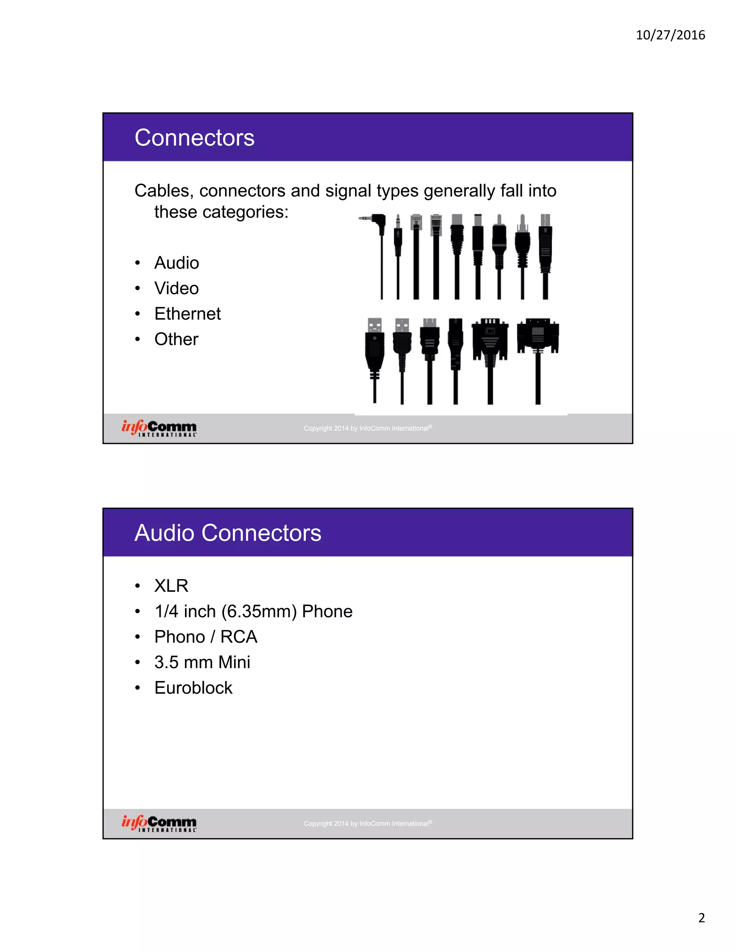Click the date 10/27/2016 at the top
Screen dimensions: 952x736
(x=670, y=35)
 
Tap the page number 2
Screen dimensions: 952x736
(x=701, y=918)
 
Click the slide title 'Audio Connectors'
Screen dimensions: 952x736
(x=227, y=533)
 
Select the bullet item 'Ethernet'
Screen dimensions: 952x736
(x=188, y=314)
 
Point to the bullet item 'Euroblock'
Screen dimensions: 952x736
(x=193, y=688)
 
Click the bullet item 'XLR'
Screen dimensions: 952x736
(x=171, y=586)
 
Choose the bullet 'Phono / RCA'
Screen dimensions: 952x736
(x=206, y=637)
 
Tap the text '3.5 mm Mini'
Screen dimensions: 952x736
(x=202, y=662)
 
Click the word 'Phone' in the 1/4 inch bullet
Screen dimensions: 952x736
(x=327, y=611)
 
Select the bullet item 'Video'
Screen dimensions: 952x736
(x=176, y=288)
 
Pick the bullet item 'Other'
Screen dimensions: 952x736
(x=176, y=339)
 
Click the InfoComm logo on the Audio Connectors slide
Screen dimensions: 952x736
(x=159, y=823)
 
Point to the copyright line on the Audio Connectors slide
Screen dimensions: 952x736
(x=368, y=823)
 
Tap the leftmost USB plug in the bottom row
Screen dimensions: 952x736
(x=374, y=345)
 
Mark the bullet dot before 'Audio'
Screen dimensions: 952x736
(x=138, y=263)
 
